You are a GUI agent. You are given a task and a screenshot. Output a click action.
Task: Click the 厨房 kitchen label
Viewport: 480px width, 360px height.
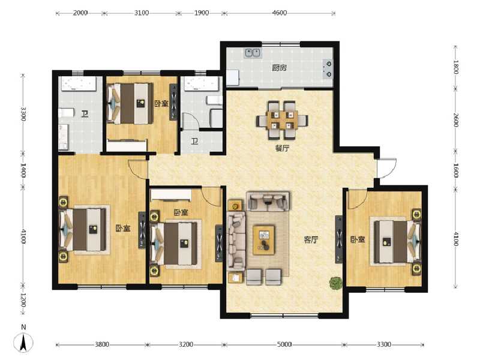click(x=279, y=68)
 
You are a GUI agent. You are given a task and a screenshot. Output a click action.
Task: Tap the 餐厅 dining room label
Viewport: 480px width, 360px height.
click(x=274, y=149)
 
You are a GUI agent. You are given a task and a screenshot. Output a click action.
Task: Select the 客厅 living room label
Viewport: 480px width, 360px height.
click(x=310, y=239)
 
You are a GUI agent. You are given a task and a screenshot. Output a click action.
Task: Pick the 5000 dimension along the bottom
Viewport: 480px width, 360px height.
click(x=284, y=344)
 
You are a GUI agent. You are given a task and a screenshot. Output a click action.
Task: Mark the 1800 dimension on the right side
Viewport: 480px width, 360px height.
click(x=456, y=67)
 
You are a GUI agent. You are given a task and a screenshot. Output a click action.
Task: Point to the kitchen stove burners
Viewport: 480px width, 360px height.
click(x=328, y=68)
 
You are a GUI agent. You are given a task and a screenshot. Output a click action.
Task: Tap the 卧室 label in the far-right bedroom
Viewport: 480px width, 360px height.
click(x=358, y=239)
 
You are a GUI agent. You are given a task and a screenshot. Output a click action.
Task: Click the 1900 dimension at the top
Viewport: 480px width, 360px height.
click(x=202, y=13)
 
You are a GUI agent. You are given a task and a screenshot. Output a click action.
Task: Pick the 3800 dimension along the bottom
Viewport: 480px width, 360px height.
click(x=102, y=344)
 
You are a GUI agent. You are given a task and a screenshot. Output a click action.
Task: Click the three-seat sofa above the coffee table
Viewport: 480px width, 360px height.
click(x=268, y=202)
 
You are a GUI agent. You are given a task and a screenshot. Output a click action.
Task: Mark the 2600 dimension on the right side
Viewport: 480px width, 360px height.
click(x=456, y=120)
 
